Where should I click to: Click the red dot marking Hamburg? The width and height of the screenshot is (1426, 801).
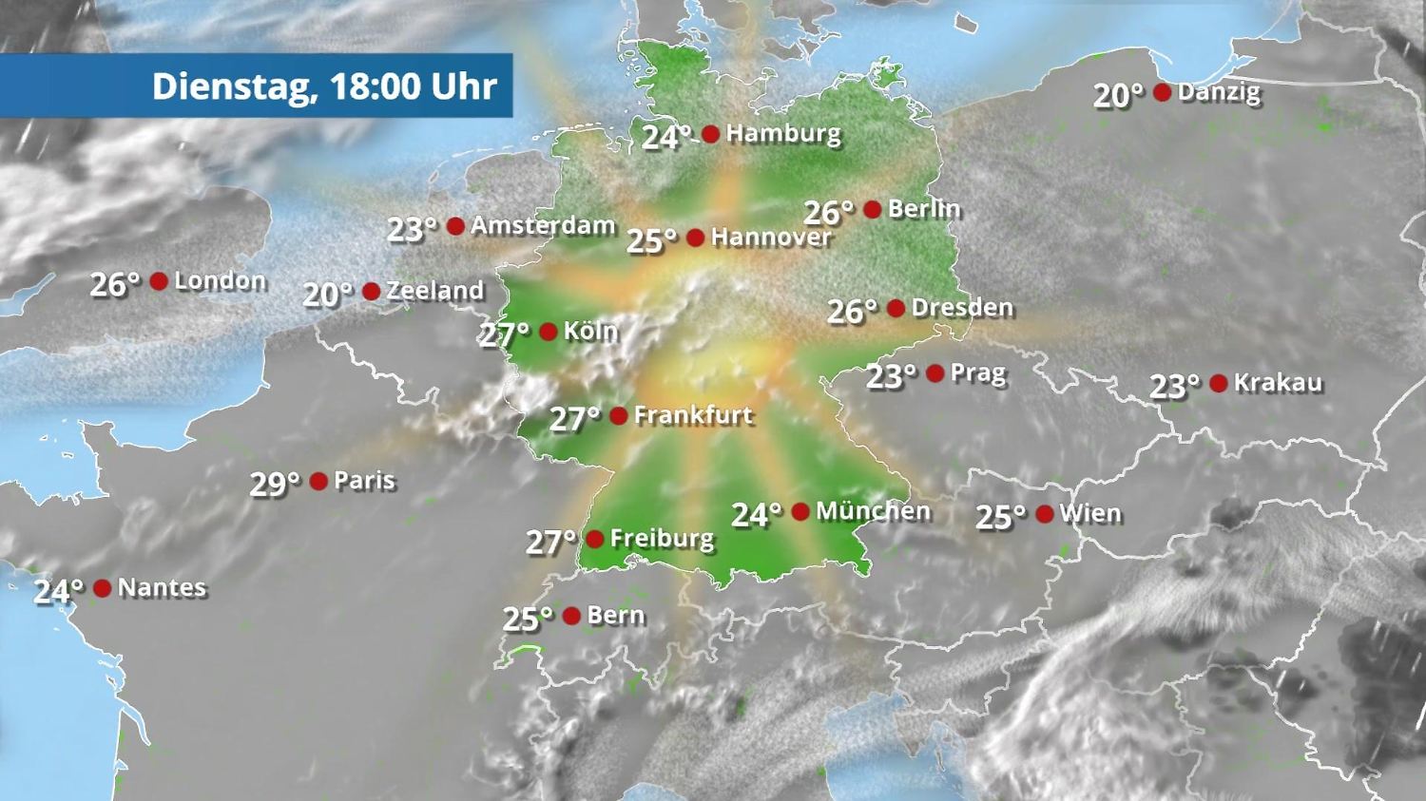point(710,134)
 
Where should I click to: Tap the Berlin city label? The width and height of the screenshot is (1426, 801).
point(924,208)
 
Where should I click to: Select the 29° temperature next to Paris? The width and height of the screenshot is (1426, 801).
point(274,485)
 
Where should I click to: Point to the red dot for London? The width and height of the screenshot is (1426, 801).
point(159,281)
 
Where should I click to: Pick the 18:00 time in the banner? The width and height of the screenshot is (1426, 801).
point(376,86)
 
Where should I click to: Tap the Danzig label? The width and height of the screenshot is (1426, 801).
point(1219,92)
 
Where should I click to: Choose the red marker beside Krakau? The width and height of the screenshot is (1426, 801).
point(1219,383)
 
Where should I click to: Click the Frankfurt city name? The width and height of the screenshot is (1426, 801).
point(693,415)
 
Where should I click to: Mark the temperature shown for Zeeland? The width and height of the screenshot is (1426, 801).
point(327,295)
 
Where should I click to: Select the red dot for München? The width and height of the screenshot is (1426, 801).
point(800,512)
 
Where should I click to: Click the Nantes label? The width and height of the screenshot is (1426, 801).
point(162,587)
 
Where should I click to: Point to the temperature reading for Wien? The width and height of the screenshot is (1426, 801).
point(1000,518)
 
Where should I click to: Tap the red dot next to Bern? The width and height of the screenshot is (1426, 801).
point(571,616)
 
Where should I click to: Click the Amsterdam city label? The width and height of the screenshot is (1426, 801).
point(543,225)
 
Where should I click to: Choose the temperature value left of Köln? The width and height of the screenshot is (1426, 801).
point(504,334)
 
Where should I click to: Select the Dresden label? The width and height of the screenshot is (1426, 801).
point(962,308)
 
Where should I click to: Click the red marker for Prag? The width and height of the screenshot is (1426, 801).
point(935,373)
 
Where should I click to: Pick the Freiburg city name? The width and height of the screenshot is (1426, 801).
point(662,539)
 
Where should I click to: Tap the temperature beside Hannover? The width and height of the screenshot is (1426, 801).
point(651,241)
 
